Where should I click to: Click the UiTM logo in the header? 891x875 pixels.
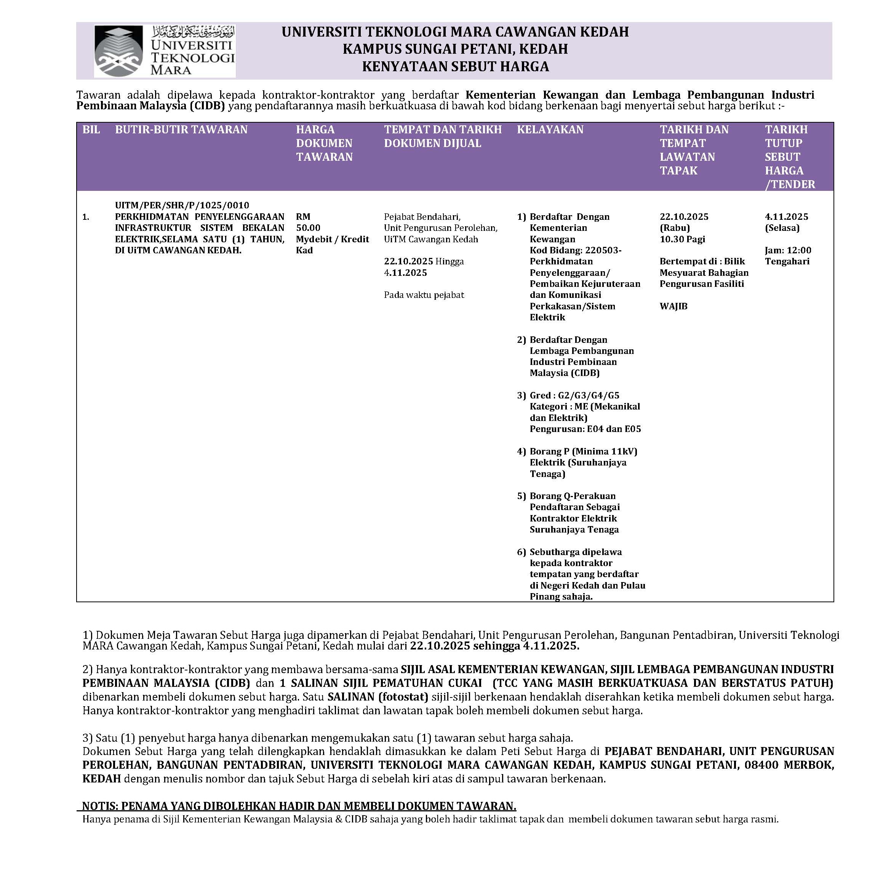164,51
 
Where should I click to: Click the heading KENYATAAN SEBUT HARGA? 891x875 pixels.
455,67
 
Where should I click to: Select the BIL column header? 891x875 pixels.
91,130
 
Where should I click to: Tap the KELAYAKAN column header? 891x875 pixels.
550,130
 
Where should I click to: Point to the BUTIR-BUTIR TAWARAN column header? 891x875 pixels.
181,130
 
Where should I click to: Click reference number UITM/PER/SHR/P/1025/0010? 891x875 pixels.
182,205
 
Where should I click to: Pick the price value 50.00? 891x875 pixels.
308,227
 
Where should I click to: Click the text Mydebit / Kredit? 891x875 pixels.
332,239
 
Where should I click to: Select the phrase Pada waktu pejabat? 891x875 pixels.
424,294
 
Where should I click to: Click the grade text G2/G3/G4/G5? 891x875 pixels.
588,395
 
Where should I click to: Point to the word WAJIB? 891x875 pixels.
673,306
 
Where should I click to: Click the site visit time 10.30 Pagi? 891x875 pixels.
682,239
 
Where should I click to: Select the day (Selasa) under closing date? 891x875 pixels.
782,227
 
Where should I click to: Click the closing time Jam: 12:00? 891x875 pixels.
788,250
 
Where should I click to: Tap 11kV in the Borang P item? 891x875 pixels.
624,451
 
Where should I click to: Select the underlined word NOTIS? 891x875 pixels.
100,806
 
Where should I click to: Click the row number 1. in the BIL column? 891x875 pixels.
85,217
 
